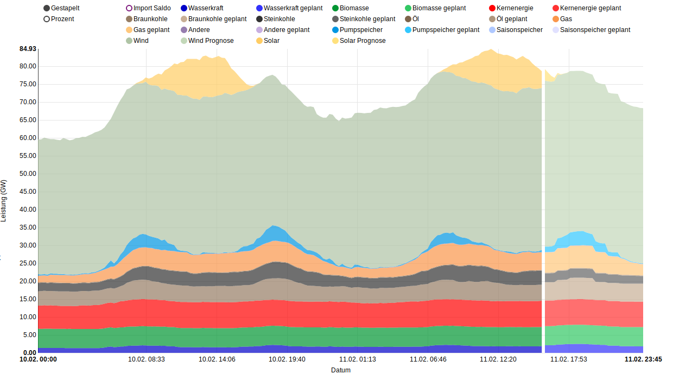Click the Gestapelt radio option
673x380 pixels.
tap(47, 8)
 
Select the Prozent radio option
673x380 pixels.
tap(47, 19)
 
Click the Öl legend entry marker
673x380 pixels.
tap(408, 19)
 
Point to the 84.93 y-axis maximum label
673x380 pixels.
tap(28, 49)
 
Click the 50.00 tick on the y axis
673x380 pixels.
tap(28, 174)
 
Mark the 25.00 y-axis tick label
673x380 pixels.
tap(28, 263)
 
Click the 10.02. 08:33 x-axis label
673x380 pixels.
tap(147, 359)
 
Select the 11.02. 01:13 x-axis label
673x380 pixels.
tap(358, 359)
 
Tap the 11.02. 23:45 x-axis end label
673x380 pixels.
tap(643, 359)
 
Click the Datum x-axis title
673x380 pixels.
tap(341, 370)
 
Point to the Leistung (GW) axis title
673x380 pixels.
tap(4, 201)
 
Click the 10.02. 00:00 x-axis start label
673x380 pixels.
tap(38, 359)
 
